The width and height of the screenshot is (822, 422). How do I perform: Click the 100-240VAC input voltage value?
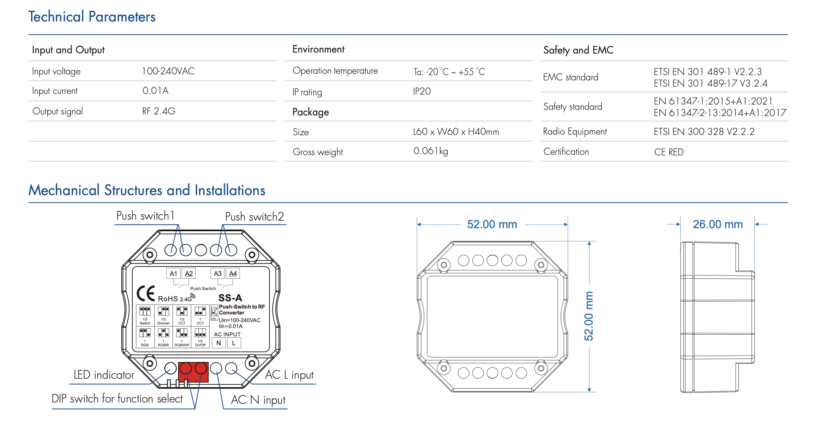click(168, 71)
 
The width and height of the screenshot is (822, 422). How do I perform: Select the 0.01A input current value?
click(155, 91)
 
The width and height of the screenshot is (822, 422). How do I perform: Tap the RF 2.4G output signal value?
click(159, 111)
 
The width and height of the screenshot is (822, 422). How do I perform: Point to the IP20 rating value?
click(422, 91)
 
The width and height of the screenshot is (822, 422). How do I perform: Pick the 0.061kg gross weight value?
click(431, 151)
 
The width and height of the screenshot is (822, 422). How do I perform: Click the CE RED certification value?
click(669, 152)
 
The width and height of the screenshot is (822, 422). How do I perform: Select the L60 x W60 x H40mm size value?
click(456, 132)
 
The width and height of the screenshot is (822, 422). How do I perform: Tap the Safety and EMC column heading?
click(578, 50)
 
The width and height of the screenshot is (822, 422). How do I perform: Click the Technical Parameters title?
click(92, 17)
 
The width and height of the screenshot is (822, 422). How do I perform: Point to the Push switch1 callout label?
click(145, 216)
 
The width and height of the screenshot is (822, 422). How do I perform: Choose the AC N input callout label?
click(258, 400)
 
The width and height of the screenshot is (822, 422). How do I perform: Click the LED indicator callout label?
click(104, 375)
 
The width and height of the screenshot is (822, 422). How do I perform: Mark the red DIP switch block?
click(193, 372)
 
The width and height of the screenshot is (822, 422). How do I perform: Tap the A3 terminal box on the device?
click(218, 274)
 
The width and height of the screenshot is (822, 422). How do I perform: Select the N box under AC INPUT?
click(219, 343)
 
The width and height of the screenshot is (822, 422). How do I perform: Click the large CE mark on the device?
click(146, 293)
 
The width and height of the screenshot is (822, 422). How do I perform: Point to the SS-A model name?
click(230, 298)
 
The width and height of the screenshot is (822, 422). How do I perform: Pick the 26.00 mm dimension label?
click(718, 224)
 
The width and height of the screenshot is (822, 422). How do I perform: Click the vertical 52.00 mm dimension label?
click(589, 316)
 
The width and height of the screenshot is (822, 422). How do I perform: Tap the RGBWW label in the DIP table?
click(182, 345)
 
